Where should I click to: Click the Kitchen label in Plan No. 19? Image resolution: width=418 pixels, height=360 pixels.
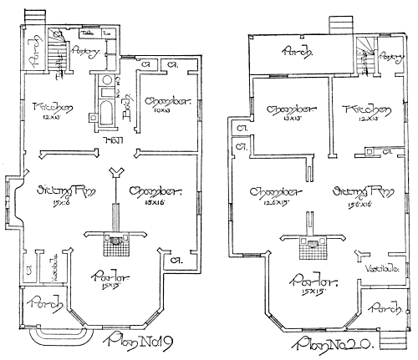48,107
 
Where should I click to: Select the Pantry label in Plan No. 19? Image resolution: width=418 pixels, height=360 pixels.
88,53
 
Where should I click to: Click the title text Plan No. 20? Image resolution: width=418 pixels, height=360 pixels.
332,344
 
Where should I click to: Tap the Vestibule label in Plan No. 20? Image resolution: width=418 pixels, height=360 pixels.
381,267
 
